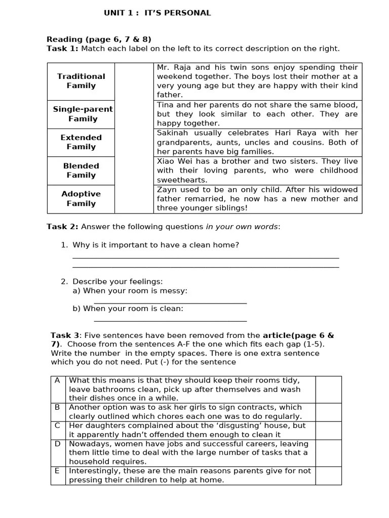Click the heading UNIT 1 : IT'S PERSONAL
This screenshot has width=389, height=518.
(157, 13)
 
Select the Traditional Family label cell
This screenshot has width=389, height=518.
(81, 81)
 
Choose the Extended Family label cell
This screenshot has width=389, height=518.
(81, 142)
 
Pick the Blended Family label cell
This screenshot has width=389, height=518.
(81, 170)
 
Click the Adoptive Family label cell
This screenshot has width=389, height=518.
(81, 199)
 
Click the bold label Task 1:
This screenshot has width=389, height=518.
(62, 49)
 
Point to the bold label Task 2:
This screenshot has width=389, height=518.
(62, 227)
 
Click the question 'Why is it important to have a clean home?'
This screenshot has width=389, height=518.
(155, 245)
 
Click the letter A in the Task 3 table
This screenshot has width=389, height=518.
(58, 380)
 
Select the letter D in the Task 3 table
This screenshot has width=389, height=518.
(58, 444)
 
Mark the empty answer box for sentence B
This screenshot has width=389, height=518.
(328, 412)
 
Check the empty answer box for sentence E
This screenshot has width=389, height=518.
(328, 476)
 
